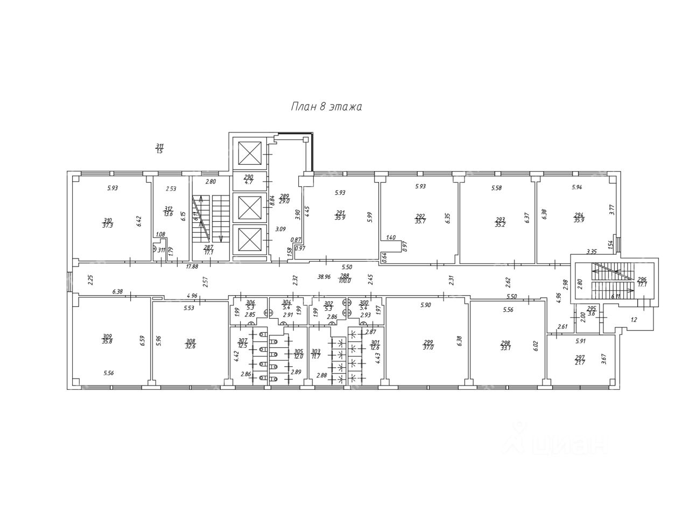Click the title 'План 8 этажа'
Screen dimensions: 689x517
[326, 107]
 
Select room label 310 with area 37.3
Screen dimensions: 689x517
[108, 222]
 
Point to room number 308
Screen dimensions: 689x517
[191, 341]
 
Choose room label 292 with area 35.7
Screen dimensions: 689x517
[420, 218]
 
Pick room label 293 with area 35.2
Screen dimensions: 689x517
[500, 222]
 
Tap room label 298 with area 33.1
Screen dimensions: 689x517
[505, 345]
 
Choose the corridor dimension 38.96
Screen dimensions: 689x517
[324, 276]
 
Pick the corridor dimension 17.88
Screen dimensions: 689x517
[192, 266]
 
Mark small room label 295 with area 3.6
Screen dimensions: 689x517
[591, 311]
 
